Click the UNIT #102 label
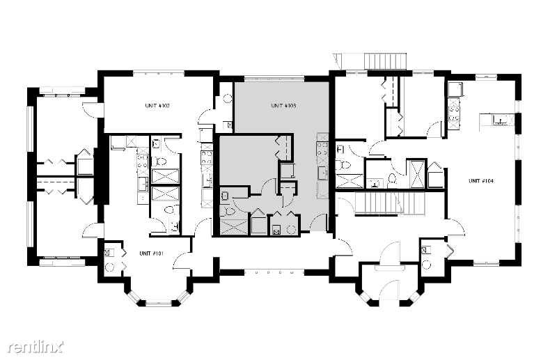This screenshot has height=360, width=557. (157, 106)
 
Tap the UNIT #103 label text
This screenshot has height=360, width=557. (283, 106)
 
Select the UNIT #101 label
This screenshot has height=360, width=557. (151, 253)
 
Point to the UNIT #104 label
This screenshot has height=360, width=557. (481, 181)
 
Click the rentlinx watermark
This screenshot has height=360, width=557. (36, 347)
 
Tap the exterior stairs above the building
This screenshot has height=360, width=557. (386, 61)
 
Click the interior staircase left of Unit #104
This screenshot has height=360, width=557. (390, 203)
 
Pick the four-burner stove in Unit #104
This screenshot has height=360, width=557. (454, 114)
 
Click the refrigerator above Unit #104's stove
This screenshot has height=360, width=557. (455, 89)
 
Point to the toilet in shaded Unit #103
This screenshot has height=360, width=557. (228, 212)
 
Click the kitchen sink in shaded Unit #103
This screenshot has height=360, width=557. (322, 174)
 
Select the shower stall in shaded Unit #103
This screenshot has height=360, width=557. (234, 227)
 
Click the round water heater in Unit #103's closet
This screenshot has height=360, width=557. (291, 230)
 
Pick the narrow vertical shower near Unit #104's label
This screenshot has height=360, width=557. (416, 174)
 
